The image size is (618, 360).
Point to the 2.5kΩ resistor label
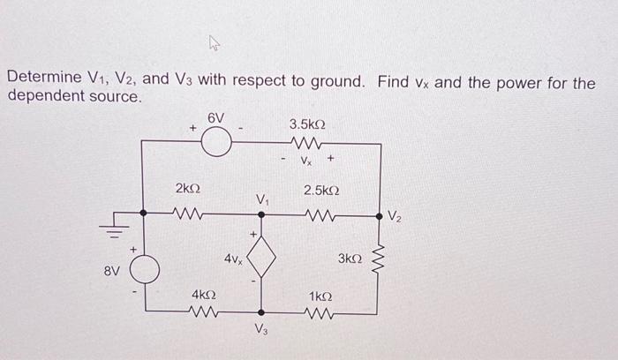pyautogui.click(x=321, y=190)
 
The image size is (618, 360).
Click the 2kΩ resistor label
pyautogui.click(x=187, y=189)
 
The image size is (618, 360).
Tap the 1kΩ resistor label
pyautogui.click(x=321, y=294)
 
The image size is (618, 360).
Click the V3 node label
pyautogui.click(x=260, y=332)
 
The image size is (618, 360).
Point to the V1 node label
pyautogui.click(x=262, y=200)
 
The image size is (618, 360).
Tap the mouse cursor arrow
pyautogui.click(x=215, y=42)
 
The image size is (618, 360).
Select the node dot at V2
pyautogui.click(x=380, y=214)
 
